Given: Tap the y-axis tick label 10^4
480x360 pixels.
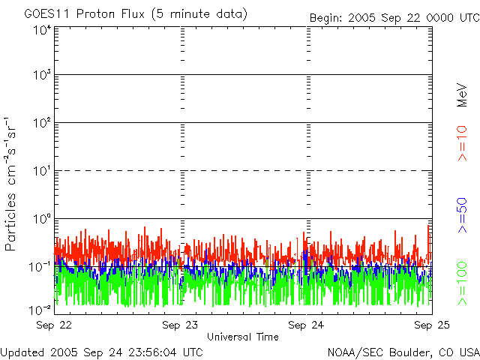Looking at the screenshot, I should [41, 31].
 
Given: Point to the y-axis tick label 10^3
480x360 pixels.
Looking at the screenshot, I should [41, 76].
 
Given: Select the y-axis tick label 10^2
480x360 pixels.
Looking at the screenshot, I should [41, 124].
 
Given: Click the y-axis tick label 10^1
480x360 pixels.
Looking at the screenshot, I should [41, 171].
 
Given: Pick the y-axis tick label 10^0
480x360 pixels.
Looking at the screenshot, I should [41, 219].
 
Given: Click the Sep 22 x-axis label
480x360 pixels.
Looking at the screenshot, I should [55, 325].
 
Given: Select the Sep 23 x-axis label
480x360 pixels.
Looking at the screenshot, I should [181, 325].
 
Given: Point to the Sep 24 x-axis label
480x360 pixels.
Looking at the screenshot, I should [307, 325].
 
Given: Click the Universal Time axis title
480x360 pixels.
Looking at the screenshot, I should [242, 337].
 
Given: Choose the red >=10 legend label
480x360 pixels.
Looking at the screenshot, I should [463, 143].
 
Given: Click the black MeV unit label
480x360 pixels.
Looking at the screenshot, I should [463, 95].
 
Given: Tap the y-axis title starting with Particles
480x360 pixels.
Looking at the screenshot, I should [13, 184].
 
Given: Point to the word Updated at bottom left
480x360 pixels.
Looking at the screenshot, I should [22, 351].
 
